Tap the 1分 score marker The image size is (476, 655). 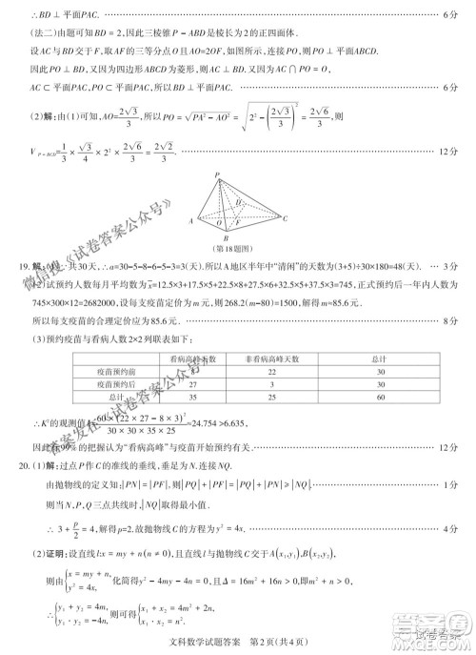(452, 485)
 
